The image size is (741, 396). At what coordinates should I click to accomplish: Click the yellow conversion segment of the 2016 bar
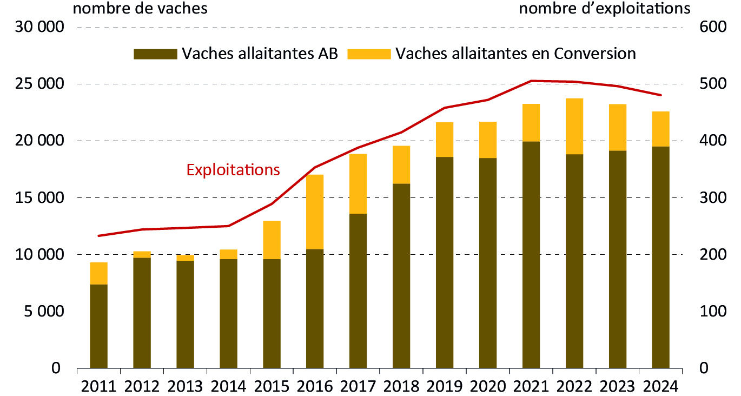tap(315, 212)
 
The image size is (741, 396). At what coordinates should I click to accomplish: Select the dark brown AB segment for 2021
tap(531, 254)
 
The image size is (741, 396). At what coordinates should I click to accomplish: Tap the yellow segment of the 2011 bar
tap(98, 273)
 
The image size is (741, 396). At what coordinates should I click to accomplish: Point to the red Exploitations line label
tap(233, 170)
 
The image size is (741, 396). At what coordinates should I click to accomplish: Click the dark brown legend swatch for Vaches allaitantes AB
tap(155, 54)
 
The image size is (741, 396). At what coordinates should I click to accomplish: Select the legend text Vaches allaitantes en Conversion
tap(515, 54)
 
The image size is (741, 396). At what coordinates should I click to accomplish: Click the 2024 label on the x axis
tap(660, 386)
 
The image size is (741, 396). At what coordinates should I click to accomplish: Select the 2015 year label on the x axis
tap(272, 386)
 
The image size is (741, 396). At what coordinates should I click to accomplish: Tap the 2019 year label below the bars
tap(445, 386)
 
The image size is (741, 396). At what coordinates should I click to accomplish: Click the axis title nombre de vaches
tap(140, 9)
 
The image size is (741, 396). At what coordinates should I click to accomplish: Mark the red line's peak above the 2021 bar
tap(531, 81)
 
